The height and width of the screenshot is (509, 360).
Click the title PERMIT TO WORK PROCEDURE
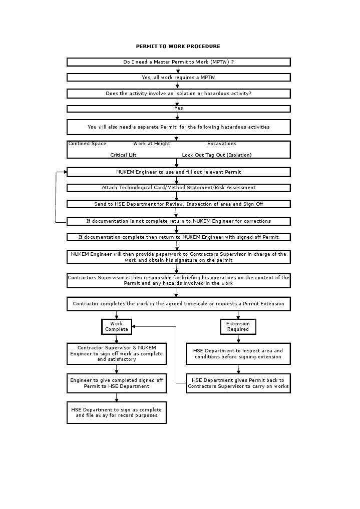[x=178, y=47]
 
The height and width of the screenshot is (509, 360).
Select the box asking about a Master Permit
[x=178, y=62]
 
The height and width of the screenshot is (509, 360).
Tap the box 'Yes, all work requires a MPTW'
[x=178, y=78]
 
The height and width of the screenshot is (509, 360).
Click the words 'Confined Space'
[x=87, y=144]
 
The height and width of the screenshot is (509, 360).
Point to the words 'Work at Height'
[x=152, y=144]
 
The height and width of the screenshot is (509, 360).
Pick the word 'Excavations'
[x=222, y=144]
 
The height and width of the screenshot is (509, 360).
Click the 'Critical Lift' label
[x=123, y=155]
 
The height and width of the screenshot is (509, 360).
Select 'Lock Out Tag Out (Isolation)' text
[x=217, y=155]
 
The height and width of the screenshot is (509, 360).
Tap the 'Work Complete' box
[x=117, y=326]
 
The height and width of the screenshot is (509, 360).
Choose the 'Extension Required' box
[x=238, y=326]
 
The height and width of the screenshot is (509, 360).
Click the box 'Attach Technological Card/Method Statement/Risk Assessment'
[x=178, y=188]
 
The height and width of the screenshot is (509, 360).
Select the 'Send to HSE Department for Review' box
[x=178, y=204]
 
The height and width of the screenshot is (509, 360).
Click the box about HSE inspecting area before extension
[x=238, y=354]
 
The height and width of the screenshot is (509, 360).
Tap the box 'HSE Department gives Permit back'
[x=238, y=383]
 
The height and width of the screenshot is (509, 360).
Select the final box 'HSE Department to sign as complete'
[x=116, y=412]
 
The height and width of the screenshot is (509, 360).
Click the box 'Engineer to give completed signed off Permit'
[x=116, y=383]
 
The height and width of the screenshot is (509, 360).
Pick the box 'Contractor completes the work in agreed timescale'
[x=178, y=304]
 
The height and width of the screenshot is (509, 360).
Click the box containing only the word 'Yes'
[x=178, y=109]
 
